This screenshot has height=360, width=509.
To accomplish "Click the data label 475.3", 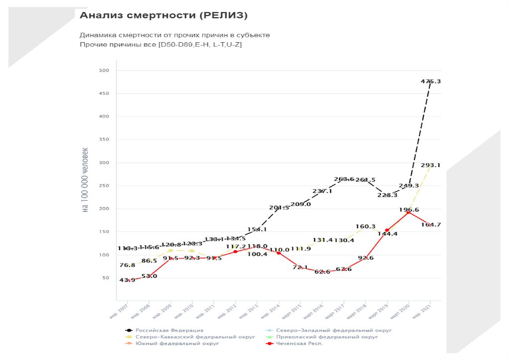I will pyautogui.click(x=430, y=81).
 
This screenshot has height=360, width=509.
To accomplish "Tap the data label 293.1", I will pyautogui.click(x=430, y=165).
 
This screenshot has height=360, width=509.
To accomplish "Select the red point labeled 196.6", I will pyautogui.click(x=408, y=213).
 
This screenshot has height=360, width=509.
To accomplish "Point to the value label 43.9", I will pyautogui.click(x=127, y=280).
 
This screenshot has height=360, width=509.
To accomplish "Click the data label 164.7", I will pyautogui.click(x=430, y=225).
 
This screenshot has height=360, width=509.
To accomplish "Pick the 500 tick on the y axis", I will pyautogui.click(x=103, y=71).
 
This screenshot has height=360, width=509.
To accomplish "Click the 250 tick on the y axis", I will pyautogui.click(x=103, y=186).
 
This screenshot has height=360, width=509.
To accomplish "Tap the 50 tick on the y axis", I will pyautogui.click(x=105, y=278).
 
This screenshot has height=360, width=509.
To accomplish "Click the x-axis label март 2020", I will pyautogui.click(x=401, y=310).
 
